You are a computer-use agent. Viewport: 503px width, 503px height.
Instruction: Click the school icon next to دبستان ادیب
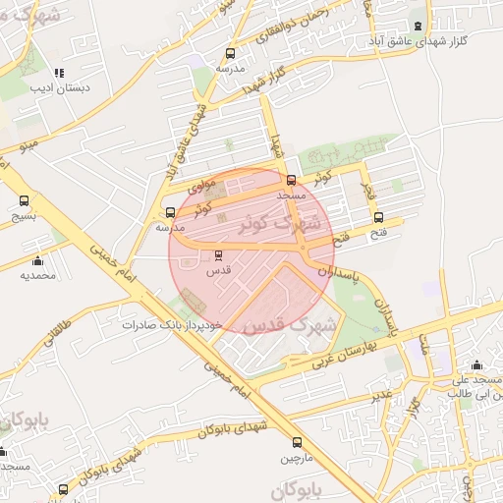pos(60,73)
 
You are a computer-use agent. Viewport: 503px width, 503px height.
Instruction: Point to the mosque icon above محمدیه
pos(37,260)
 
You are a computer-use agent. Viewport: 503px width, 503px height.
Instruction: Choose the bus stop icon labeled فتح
pos(379,218)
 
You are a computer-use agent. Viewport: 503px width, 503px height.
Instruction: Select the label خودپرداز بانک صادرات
pos(174,324)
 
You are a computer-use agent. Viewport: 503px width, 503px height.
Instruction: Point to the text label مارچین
pos(297,459)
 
